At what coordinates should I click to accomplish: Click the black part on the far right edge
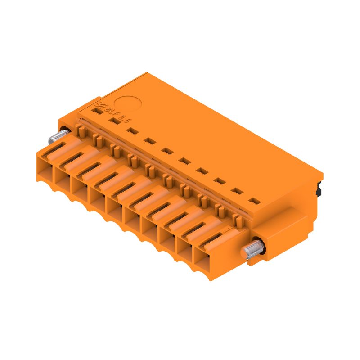pos(320,188)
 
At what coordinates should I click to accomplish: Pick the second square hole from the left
pos(115,120)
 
